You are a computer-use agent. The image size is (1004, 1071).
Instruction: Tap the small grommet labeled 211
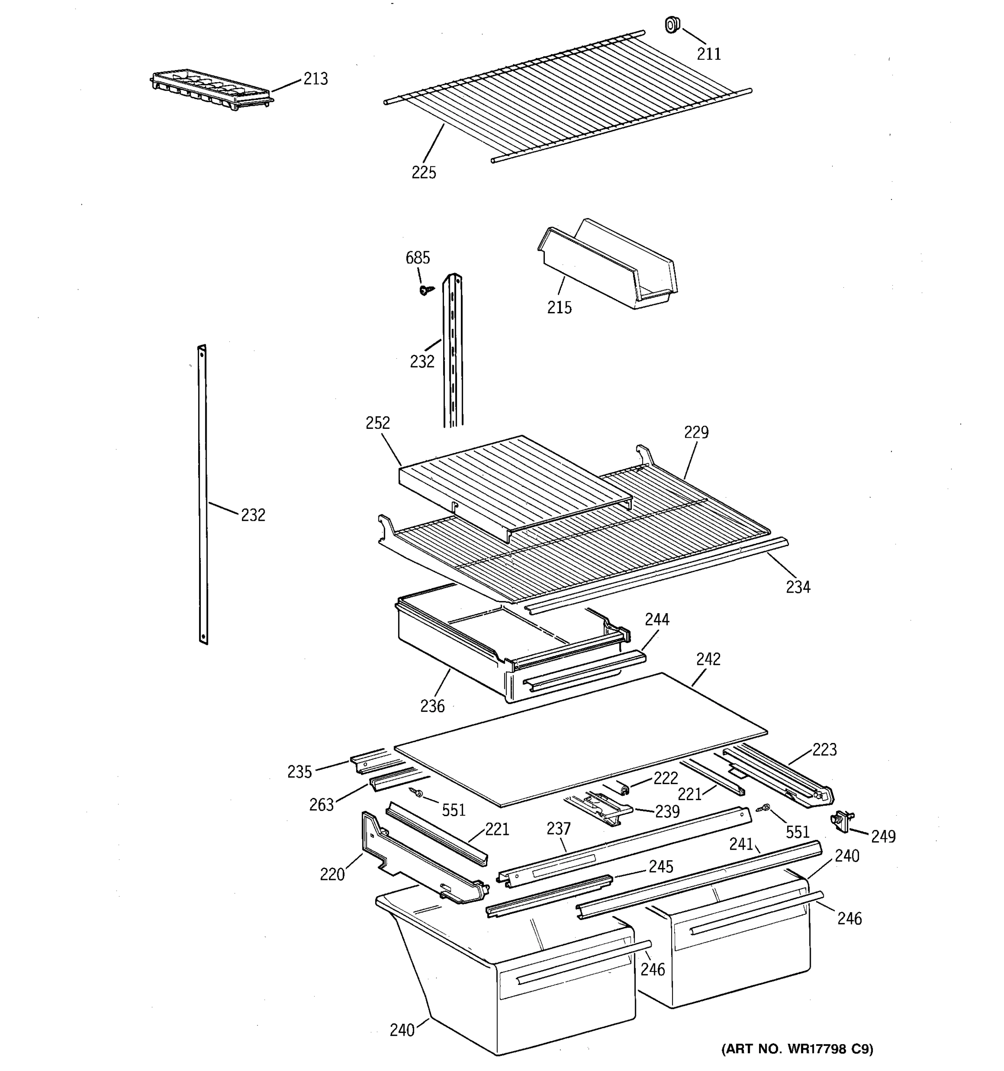(x=672, y=25)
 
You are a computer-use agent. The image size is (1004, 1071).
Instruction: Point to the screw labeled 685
(x=426, y=290)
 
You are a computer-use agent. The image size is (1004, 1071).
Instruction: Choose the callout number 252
(x=377, y=423)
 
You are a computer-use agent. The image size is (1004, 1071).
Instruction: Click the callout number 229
(x=696, y=432)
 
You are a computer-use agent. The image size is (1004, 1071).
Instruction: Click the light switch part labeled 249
(x=842, y=821)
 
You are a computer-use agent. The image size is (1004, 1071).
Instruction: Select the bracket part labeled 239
(x=599, y=809)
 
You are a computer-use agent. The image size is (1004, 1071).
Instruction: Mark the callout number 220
(x=332, y=874)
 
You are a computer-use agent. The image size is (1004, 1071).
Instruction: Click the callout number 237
(x=558, y=828)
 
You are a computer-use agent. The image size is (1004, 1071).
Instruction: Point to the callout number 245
(x=660, y=866)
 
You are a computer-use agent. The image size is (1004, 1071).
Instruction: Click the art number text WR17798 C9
(x=797, y=1049)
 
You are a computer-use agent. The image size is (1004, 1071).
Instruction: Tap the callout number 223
(x=824, y=749)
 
